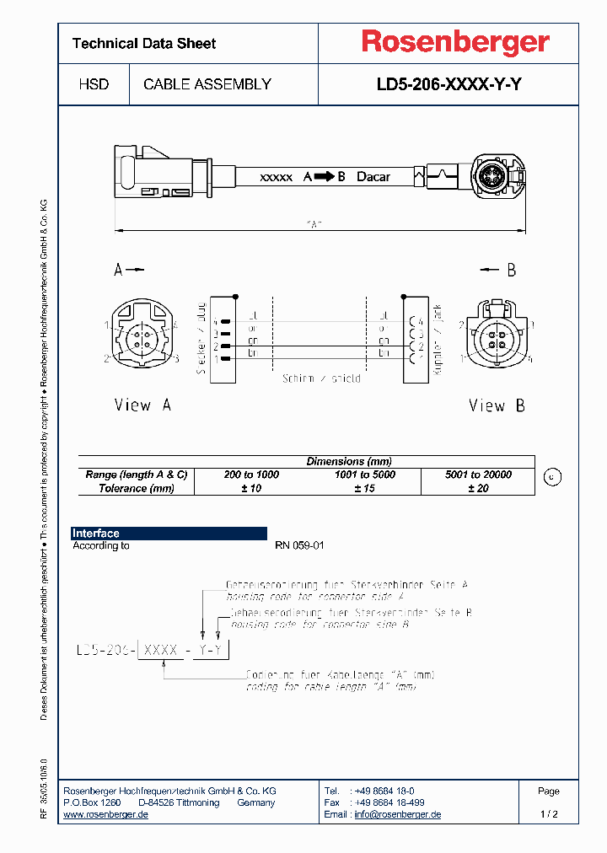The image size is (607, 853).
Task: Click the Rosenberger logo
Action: tap(455, 42)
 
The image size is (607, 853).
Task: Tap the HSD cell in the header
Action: tap(93, 84)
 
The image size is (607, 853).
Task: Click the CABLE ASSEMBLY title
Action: tap(207, 84)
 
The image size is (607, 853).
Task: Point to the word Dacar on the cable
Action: tap(373, 177)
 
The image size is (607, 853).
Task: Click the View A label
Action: tap(142, 405)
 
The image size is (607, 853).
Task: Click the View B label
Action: tap(497, 405)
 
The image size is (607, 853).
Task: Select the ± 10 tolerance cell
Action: tap(251, 488)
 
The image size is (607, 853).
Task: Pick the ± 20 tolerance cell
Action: tap(478, 488)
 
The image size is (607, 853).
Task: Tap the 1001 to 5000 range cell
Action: tap(365, 475)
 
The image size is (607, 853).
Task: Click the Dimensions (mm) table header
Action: tap(348, 461)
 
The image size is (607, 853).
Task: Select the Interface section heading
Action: tap(96, 534)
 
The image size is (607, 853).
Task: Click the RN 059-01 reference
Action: tap(299, 545)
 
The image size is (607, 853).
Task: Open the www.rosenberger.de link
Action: tap(106, 814)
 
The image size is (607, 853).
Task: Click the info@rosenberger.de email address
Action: tap(397, 814)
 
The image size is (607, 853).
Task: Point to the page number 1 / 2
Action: tap(548, 814)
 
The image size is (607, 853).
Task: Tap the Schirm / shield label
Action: tap(321, 378)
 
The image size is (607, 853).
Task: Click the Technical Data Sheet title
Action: tap(144, 43)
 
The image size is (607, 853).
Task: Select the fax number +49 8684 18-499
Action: tap(388, 802)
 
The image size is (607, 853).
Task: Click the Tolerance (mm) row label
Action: tap(137, 488)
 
